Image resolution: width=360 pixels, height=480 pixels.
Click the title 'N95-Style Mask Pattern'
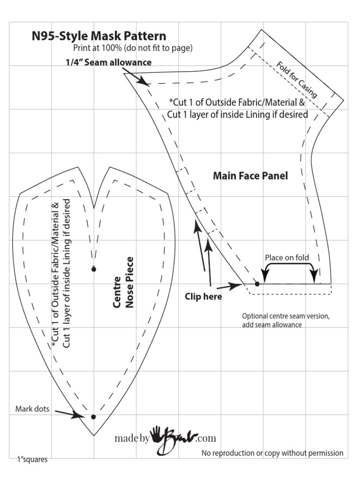tap(98, 36)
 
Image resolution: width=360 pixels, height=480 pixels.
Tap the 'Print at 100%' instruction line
tap(133, 48)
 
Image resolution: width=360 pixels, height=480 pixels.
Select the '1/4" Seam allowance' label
tap(108, 62)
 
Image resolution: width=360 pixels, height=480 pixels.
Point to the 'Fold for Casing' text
tap(297, 80)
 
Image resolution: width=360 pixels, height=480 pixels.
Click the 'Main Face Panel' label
tap(250, 176)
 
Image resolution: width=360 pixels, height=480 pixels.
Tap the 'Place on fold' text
tap(287, 257)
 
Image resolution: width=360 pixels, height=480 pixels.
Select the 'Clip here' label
tap(203, 296)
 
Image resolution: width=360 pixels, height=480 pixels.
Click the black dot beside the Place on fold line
tap(257, 284)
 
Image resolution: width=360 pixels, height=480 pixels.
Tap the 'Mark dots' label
tap(32, 409)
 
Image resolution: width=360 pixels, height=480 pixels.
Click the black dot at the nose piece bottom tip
tap(93, 417)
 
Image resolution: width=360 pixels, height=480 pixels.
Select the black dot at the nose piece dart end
tap(94, 269)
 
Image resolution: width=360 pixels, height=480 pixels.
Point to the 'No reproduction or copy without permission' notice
tap(272, 453)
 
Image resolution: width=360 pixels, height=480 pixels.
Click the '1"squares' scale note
tap(32, 459)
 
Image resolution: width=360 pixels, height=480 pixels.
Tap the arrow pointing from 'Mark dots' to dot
tap(68, 413)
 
